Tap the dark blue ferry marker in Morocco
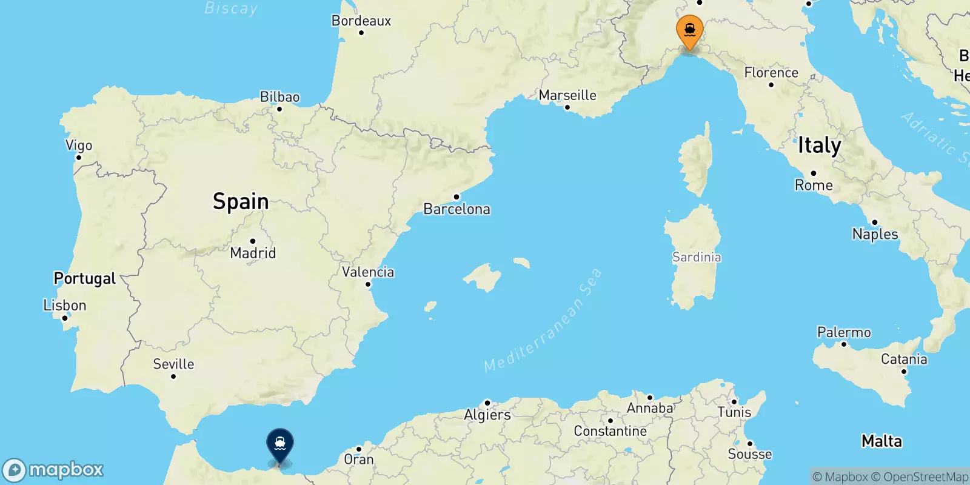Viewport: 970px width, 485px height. point(280,444)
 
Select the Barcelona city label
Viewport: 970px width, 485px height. point(457,209)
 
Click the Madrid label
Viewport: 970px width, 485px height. point(253,253)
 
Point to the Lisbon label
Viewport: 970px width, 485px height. point(65,305)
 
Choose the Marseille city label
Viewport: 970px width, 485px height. point(567,95)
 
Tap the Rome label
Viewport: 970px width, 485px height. point(814,185)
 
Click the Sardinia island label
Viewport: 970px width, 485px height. point(697,257)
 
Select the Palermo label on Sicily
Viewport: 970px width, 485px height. point(844,332)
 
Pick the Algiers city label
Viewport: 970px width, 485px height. point(487,415)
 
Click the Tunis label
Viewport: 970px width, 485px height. point(734,412)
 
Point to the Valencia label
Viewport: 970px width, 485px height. point(368,272)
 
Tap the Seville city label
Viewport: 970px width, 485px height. point(173,364)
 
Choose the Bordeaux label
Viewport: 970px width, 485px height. point(361,21)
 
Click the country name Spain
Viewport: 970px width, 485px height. point(241,201)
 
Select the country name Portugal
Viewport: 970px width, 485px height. point(85,278)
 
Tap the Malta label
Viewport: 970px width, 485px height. point(881,441)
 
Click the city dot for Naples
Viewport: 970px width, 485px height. point(875,222)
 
